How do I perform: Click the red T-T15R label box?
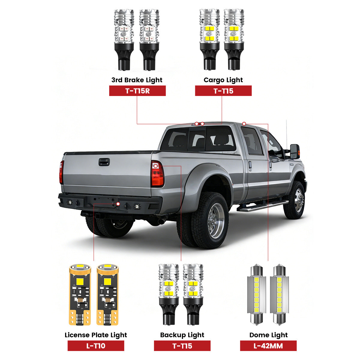[137, 91]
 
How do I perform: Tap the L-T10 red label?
[96, 346]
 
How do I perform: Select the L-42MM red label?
[268, 346]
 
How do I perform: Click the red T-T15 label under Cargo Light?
[223, 91]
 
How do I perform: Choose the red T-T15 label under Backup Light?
[182, 346]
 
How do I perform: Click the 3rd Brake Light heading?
[137, 80]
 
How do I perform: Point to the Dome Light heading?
[268, 335]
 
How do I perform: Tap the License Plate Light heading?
[96, 335]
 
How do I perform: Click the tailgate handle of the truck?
[104, 162]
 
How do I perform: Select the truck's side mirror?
[295, 151]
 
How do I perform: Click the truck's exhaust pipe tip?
[161, 221]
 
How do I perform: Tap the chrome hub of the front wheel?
[298, 200]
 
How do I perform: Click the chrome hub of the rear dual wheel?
[216, 221]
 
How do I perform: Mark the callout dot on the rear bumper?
[118, 204]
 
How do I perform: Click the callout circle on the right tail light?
[155, 166]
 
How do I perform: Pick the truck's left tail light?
[61, 172]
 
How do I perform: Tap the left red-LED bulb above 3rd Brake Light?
[124, 40]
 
